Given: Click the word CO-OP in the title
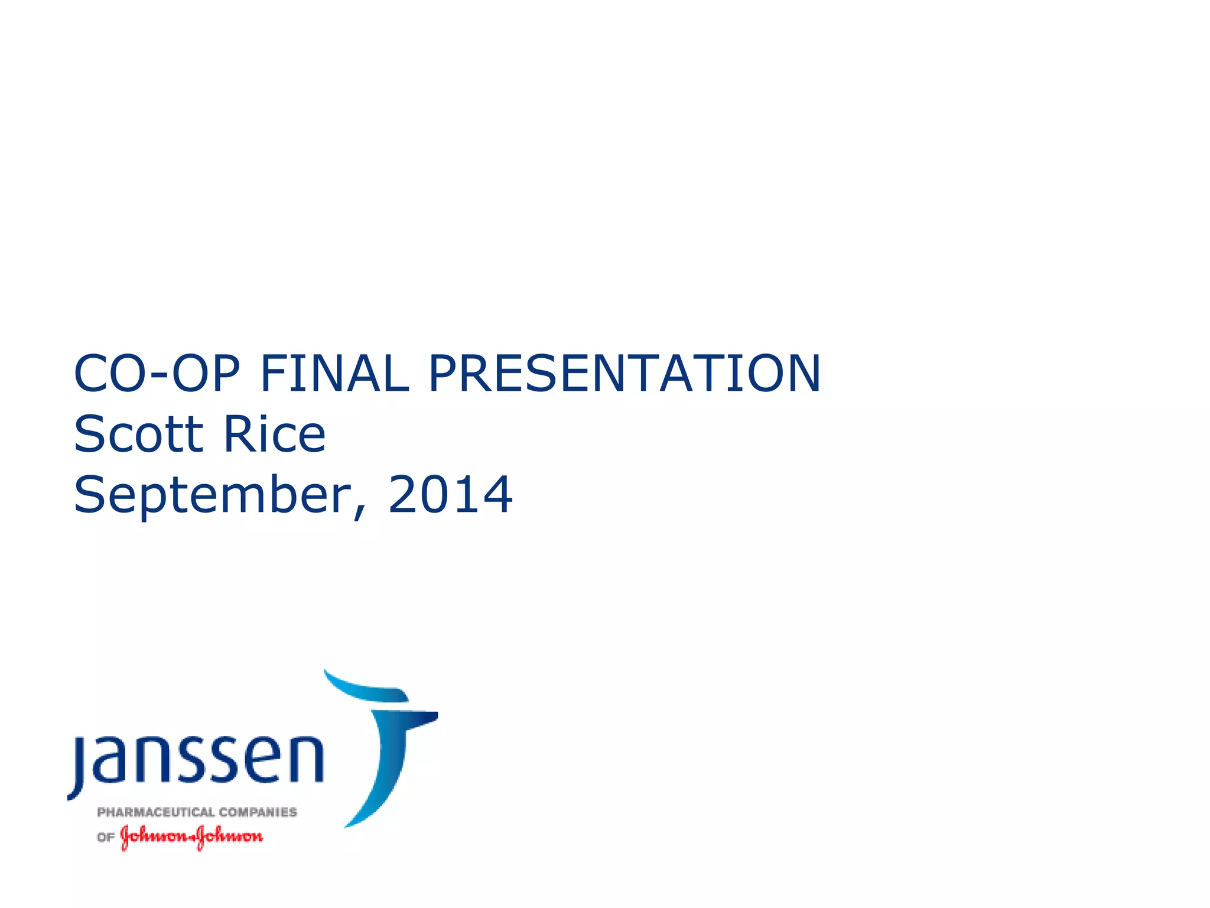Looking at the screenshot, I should coord(157,374).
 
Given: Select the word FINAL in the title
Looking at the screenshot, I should coord(334,374).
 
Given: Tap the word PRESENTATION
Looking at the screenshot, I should coord(624,374).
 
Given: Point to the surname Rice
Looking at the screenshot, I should coord(274,434).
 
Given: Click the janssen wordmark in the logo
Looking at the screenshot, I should coord(199,760).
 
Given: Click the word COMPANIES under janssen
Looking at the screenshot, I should coord(258,812).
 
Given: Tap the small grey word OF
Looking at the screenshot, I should coord(105,838).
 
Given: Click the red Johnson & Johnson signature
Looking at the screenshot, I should coord(191,837).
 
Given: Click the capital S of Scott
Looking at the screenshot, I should coord(88,434).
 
